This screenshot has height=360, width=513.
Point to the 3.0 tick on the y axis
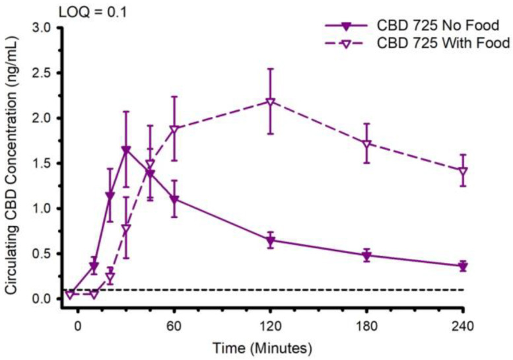[x=41, y=28]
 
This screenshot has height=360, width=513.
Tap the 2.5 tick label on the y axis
[x=41, y=73]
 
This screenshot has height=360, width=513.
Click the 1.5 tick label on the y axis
[x=41, y=163]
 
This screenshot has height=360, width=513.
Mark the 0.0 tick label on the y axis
[x=41, y=299]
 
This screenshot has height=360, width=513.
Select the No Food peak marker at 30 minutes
[x=126, y=150]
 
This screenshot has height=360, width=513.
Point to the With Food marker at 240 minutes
[x=462, y=171]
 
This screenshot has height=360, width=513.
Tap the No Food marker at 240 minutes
[x=462, y=266]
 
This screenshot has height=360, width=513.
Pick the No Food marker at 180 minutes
[x=366, y=256]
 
